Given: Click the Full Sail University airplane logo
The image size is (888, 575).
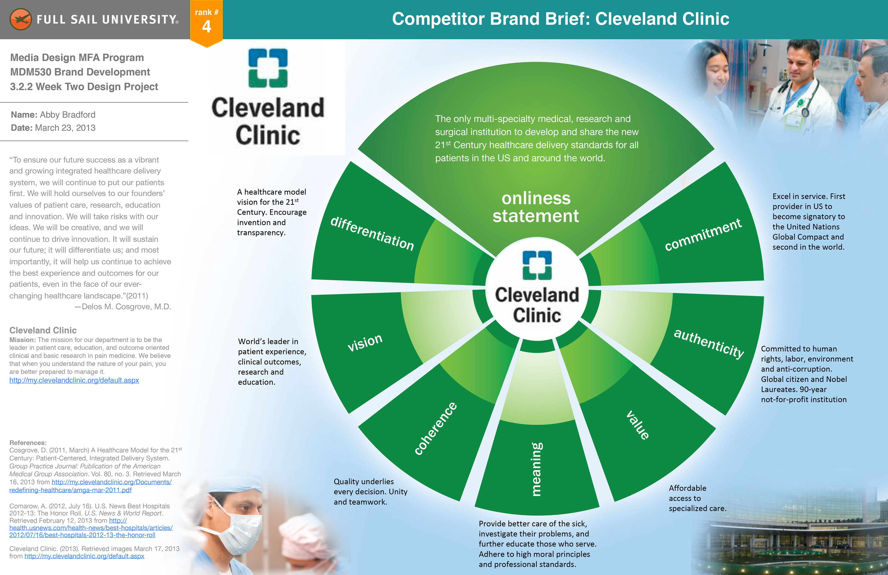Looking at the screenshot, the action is point(21,19).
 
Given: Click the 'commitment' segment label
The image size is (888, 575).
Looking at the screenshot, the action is point(703,234).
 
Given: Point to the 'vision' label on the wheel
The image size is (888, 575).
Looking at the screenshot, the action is point(365,342).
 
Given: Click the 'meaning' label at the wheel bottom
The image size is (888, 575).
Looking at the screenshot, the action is point(536,469).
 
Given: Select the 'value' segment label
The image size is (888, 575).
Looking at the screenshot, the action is point(638,425).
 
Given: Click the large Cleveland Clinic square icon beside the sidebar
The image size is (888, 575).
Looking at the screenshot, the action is point(268,68).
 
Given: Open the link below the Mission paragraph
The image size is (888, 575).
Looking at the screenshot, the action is point(74,380).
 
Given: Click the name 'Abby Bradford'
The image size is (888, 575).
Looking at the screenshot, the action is point(68,115).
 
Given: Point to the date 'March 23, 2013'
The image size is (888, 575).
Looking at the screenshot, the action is point(65,128).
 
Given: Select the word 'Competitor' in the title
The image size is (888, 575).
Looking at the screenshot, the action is point(438,19).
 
